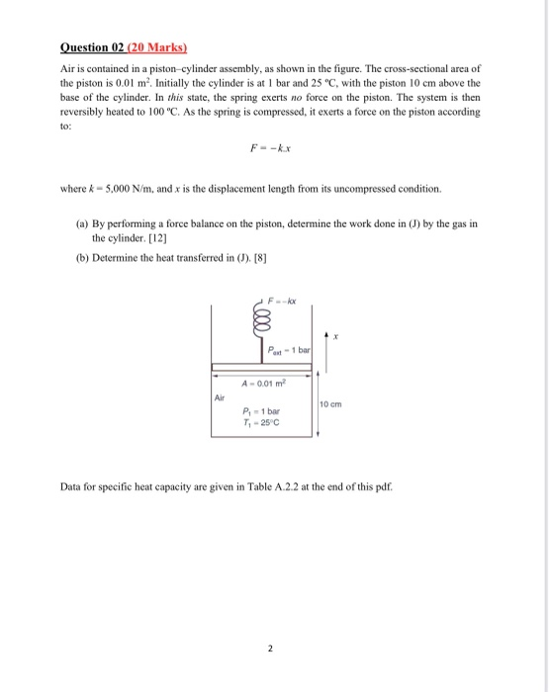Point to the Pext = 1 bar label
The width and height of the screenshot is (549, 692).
tap(290, 349)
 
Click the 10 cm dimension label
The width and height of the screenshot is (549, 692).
tap(330, 404)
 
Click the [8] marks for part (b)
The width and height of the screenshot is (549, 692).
tap(264, 260)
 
